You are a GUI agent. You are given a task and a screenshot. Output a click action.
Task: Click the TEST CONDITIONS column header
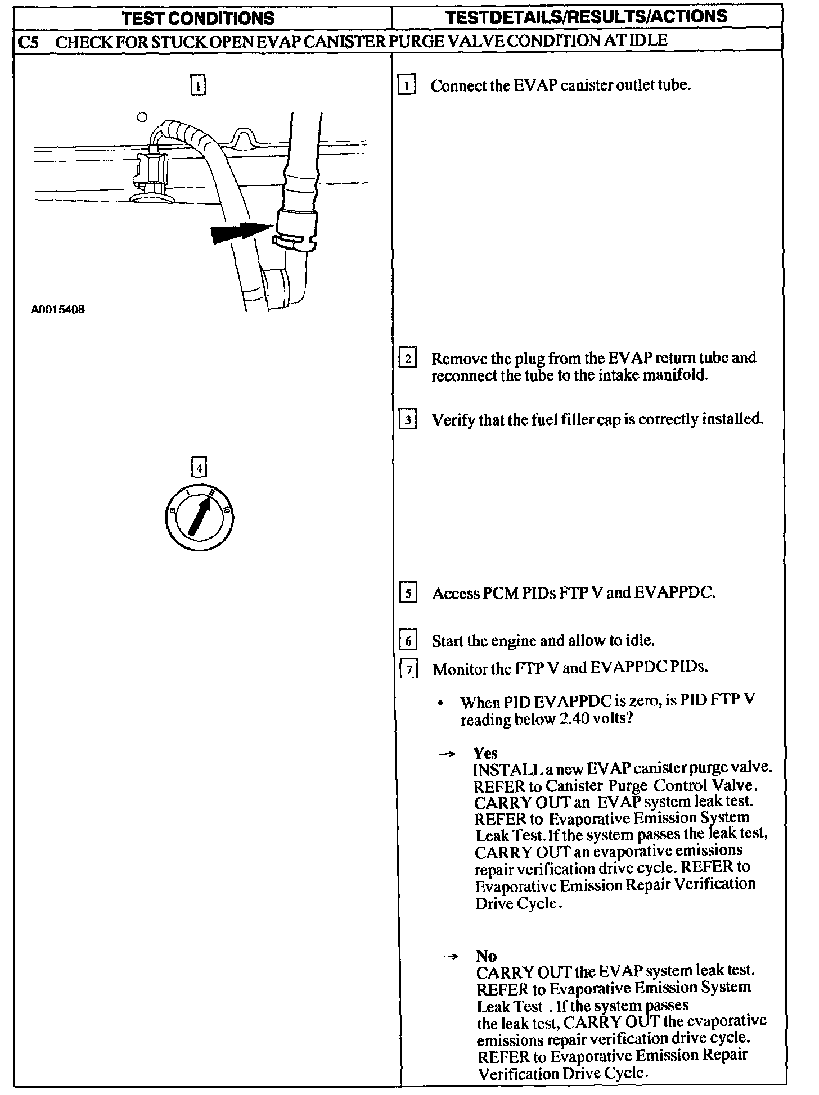coord(198,18)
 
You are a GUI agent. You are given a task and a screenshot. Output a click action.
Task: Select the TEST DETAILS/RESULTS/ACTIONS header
coord(587,17)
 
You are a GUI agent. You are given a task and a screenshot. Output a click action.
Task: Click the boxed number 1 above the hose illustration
coord(198,85)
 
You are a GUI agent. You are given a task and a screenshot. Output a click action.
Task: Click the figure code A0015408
coord(58,309)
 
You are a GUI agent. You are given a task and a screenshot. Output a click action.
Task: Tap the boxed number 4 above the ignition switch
coord(199,467)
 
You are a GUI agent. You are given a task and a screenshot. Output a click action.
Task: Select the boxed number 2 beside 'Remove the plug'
coord(407,359)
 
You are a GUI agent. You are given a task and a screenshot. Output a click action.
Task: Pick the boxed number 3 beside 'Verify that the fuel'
coord(407,420)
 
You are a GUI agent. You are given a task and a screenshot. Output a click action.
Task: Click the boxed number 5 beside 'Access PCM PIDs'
coord(408,594)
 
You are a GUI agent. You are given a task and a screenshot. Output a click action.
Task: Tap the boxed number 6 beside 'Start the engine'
coord(408,641)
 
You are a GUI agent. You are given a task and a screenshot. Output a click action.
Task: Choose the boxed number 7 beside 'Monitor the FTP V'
coord(408,669)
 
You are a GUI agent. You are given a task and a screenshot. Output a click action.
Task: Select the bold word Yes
coord(485,753)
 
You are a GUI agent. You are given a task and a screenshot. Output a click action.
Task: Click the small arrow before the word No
coord(451,957)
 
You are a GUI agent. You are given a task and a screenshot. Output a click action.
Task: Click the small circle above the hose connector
coord(142,117)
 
